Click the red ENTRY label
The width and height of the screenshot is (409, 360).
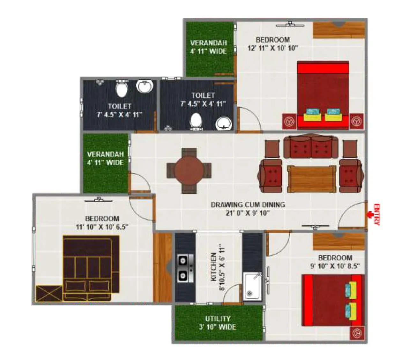(x=377, y=214)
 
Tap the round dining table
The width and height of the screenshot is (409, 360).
(x=189, y=170)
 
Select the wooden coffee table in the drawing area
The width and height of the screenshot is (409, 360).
(x=312, y=179)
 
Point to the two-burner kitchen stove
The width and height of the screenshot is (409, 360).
(x=185, y=268)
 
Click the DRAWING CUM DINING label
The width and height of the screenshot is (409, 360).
(x=248, y=205)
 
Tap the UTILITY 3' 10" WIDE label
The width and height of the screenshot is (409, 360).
(x=218, y=323)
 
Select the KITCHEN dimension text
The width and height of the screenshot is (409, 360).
(x=218, y=267)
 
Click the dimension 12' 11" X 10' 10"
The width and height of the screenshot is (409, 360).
(x=272, y=48)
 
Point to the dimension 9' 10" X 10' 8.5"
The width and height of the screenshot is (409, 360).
(x=335, y=266)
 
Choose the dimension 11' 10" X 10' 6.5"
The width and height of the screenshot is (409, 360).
(x=102, y=227)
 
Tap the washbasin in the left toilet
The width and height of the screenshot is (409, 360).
(x=145, y=86)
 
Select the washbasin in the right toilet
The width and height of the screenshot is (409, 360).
(x=224, y=124)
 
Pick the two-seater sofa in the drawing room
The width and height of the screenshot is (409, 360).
(x=311, y=147)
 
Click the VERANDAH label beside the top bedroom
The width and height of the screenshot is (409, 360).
(x=209, y=47)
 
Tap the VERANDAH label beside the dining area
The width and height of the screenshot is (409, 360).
(x=105, y=158)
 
